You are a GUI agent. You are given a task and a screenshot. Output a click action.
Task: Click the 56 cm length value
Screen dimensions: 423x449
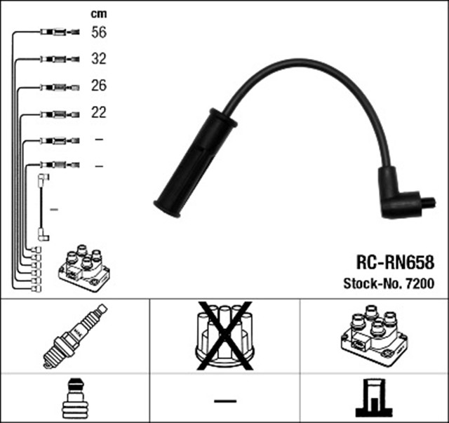point(99,32)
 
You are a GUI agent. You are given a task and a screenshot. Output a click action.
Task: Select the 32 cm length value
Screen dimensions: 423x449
point(99,59)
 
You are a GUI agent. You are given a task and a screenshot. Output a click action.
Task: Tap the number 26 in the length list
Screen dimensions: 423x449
point(99,86)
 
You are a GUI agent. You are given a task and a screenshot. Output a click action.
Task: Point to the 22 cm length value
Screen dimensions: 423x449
point(99,112)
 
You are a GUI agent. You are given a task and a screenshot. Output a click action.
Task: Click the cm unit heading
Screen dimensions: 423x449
point(99,14)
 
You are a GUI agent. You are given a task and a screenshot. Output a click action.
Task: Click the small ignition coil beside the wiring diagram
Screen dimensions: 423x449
point(84,269)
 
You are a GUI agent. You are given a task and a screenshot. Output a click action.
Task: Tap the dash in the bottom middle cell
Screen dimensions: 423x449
point(224,401)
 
